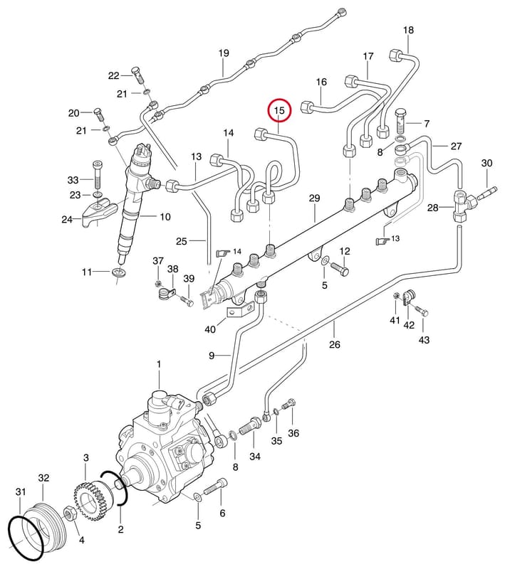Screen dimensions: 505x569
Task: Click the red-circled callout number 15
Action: pos(279,110)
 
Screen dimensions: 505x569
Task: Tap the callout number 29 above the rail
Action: pos(314,198)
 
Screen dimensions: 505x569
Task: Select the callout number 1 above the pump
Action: pos(159,364)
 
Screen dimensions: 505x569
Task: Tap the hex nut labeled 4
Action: pos(69,514)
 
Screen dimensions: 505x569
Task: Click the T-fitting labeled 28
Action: pos(462,206)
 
